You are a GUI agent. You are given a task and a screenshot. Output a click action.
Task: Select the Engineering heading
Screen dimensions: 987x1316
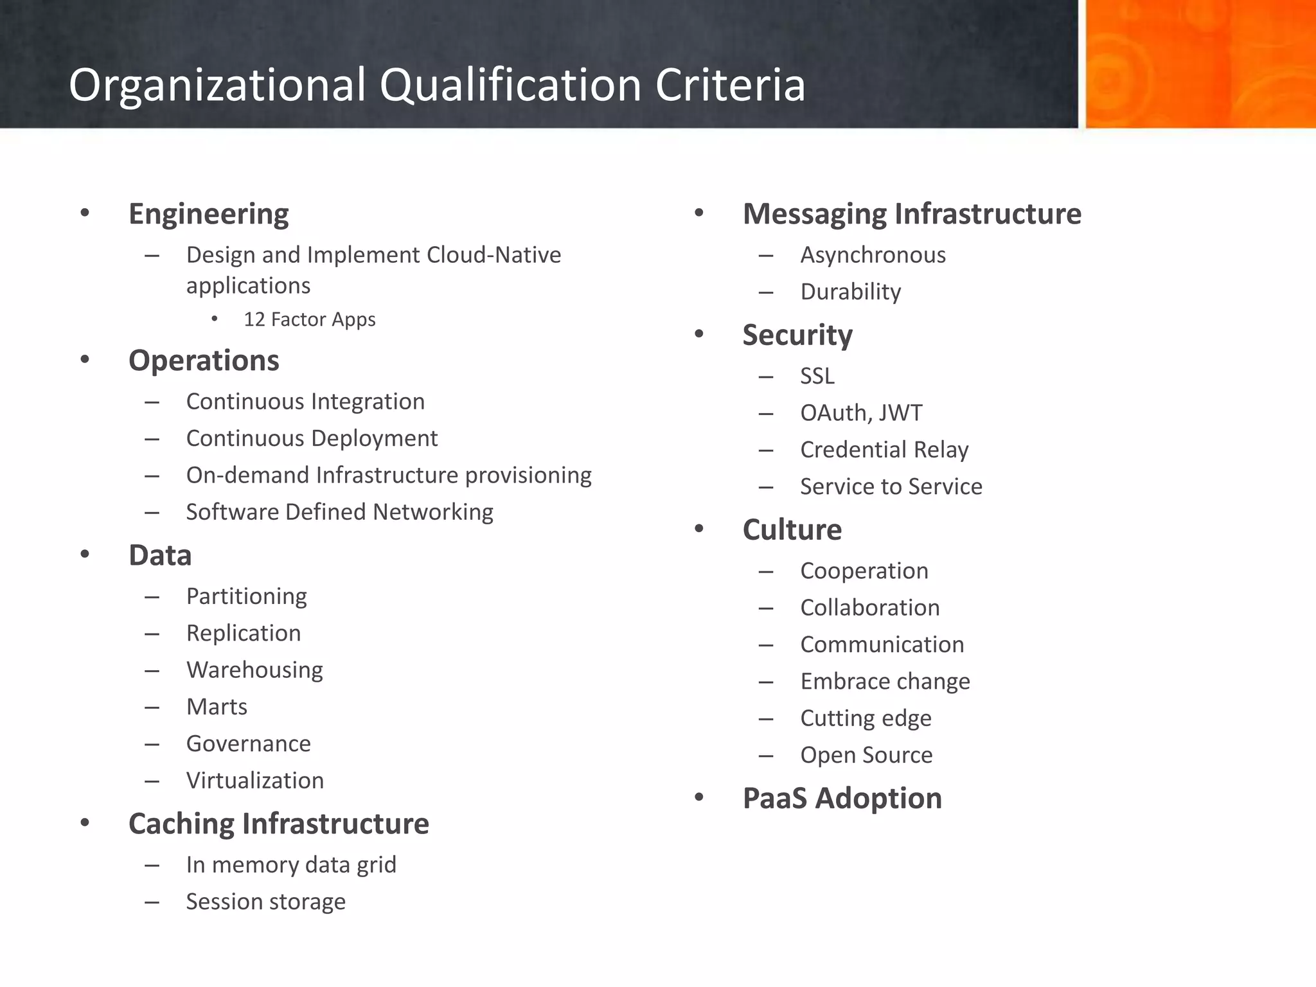208,214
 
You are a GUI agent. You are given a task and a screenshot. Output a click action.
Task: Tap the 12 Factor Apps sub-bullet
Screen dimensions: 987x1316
309,319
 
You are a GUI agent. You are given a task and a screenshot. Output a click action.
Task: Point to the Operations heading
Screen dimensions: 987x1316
204,360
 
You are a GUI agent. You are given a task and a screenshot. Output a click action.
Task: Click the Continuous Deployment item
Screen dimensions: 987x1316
312,438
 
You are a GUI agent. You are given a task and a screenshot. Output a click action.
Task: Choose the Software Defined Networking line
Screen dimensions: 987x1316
339,512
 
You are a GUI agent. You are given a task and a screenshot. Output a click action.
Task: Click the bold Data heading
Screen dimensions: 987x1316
160,555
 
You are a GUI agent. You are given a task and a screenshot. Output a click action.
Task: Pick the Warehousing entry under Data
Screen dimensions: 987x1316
254,670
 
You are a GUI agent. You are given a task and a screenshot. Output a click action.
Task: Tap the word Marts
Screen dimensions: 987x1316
217,707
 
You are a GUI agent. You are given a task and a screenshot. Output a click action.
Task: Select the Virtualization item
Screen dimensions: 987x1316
255,781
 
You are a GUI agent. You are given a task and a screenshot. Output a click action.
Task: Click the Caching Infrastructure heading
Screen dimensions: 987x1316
278,824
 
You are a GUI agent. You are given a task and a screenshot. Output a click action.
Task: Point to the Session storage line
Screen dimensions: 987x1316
265,902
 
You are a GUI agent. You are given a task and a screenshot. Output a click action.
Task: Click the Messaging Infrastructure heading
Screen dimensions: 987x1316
912,214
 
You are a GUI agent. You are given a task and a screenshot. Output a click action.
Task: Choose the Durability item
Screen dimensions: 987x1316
850,292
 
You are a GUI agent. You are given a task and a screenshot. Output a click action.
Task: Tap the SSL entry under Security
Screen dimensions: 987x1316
817,376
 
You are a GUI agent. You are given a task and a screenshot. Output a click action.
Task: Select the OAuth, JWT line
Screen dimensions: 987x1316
861,413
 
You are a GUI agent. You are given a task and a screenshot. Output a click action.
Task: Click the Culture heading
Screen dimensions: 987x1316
792,530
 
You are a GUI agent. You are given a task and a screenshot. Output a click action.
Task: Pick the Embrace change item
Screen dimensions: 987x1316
885,681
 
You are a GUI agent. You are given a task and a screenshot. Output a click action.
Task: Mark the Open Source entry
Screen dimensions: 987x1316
866,755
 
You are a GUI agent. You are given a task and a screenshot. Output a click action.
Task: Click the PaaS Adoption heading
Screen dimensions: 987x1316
842,799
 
